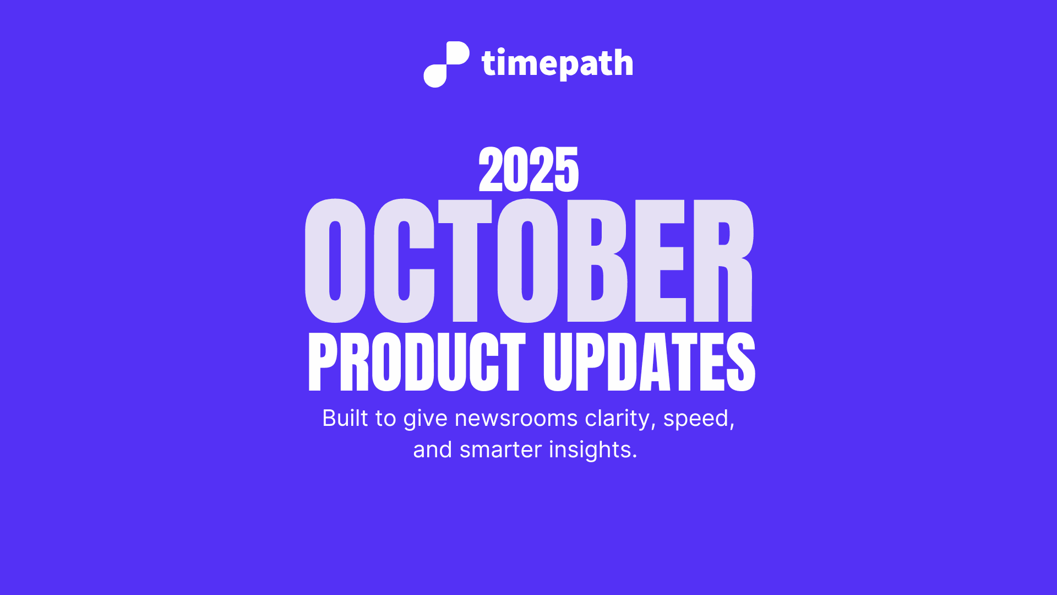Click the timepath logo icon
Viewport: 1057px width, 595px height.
446,64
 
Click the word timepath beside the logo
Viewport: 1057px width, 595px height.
557,64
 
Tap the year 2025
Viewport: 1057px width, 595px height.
528,170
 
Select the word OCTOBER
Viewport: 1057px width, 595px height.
528,261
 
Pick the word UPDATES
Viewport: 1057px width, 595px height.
649,362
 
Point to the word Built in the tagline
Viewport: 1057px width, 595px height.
345,418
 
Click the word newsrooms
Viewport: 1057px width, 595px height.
516,418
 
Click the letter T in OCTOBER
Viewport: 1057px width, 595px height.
465,261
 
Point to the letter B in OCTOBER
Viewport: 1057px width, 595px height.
597,261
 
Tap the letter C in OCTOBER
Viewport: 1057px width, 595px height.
404,261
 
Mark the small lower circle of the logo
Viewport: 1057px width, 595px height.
435,76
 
